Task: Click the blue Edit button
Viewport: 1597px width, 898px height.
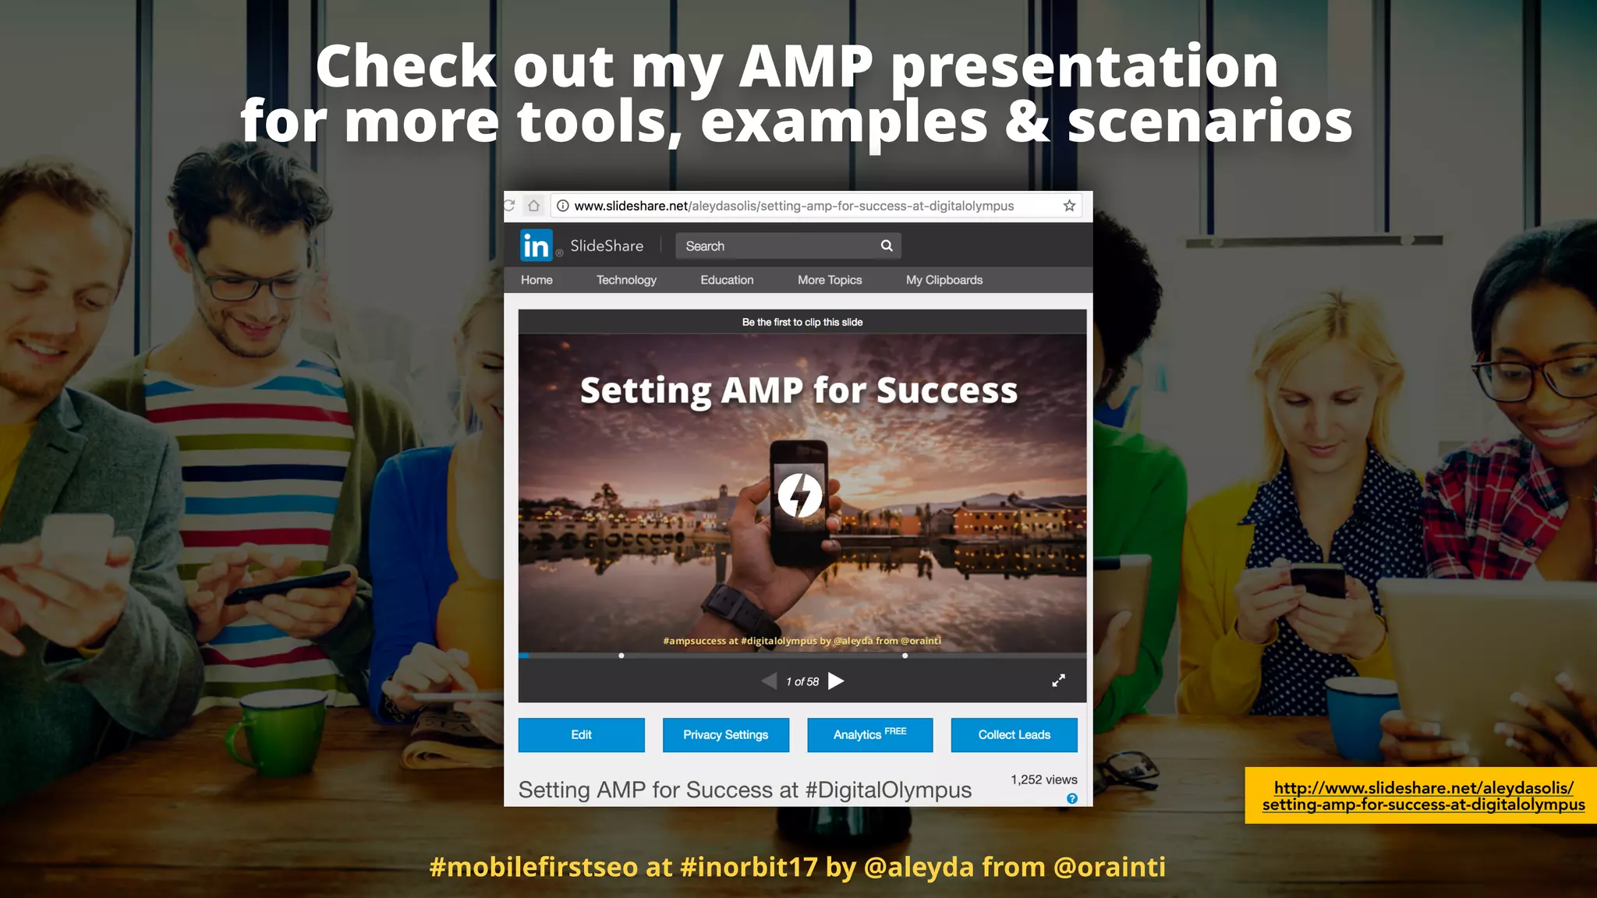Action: (581, 734)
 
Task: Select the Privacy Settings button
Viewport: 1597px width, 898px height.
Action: (725, 734)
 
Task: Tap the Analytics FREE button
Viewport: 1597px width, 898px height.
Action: (869, 734)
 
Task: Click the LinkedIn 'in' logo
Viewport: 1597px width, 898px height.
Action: (536, 246)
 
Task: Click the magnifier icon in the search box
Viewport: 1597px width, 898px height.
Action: (887, 246)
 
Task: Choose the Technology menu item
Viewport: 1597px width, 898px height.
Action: (626, 280)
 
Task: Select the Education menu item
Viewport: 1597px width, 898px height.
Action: (727, 280)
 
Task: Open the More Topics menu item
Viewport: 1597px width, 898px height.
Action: (830, 280)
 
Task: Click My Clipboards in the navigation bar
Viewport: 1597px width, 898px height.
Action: (944, 280)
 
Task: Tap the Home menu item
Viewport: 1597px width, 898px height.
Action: (536, 280)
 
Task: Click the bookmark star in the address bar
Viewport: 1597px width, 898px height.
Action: (1069, 206)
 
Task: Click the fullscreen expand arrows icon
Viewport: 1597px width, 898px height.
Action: (1058, 681)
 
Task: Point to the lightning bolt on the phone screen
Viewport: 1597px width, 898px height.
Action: (799, 495)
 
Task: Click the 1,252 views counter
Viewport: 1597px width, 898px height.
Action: (1043, 780)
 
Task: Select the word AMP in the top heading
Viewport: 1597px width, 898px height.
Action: (806, 67)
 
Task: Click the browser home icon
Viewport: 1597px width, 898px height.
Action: (533, 206)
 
